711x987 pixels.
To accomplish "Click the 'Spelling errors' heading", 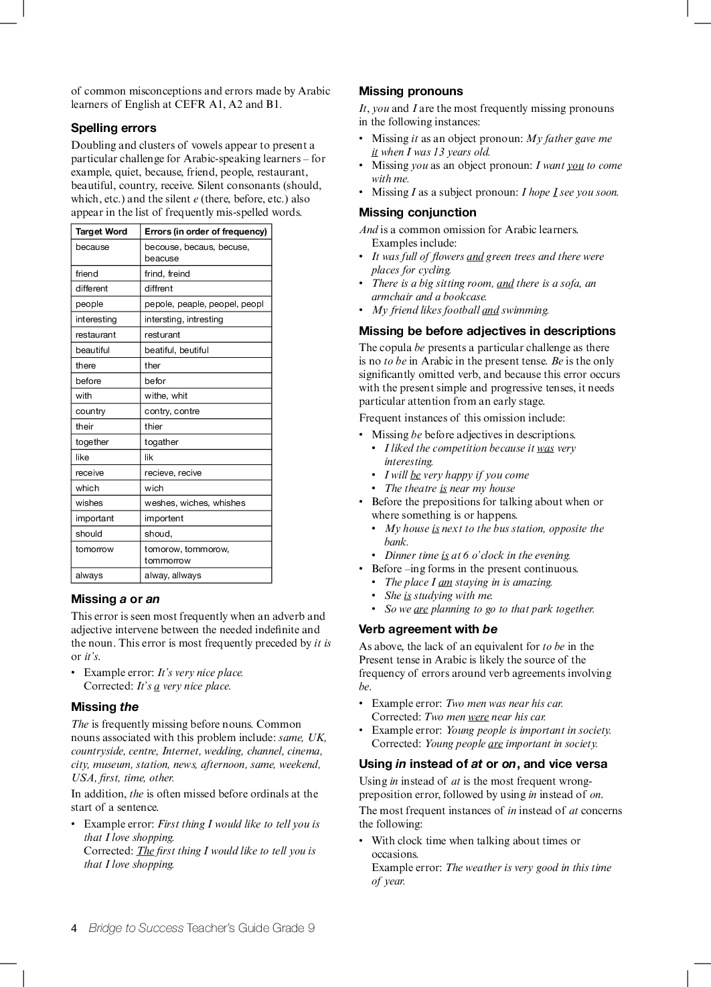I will coord(113,128).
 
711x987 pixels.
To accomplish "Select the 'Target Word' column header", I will coord(101,232).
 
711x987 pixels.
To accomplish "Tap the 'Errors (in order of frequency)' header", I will coord(206,232).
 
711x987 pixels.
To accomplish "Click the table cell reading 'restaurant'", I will coord(96,335).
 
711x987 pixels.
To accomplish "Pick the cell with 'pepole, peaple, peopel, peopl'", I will coord(204,304).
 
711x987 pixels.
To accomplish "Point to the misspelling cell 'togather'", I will coord(161,442).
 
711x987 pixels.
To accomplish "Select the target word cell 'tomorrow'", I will coord(94,549).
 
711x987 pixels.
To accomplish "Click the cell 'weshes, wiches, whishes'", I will coord(195,503).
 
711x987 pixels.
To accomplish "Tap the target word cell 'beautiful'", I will coord(92,350).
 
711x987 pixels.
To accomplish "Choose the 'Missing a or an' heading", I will coord(115,599).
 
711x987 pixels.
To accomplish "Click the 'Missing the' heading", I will coord(104,707).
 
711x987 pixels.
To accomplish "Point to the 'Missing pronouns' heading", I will coord(410,91).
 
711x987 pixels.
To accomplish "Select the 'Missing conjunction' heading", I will coord(417,212).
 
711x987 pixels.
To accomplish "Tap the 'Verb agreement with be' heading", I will coord(428,629).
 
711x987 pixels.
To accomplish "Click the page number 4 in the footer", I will coord(74,928).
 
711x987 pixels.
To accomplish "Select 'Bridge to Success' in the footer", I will coord(136,928).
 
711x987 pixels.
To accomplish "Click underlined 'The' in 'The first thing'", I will coord(145,851).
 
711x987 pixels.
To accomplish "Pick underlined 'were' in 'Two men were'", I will coord(478,717).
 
